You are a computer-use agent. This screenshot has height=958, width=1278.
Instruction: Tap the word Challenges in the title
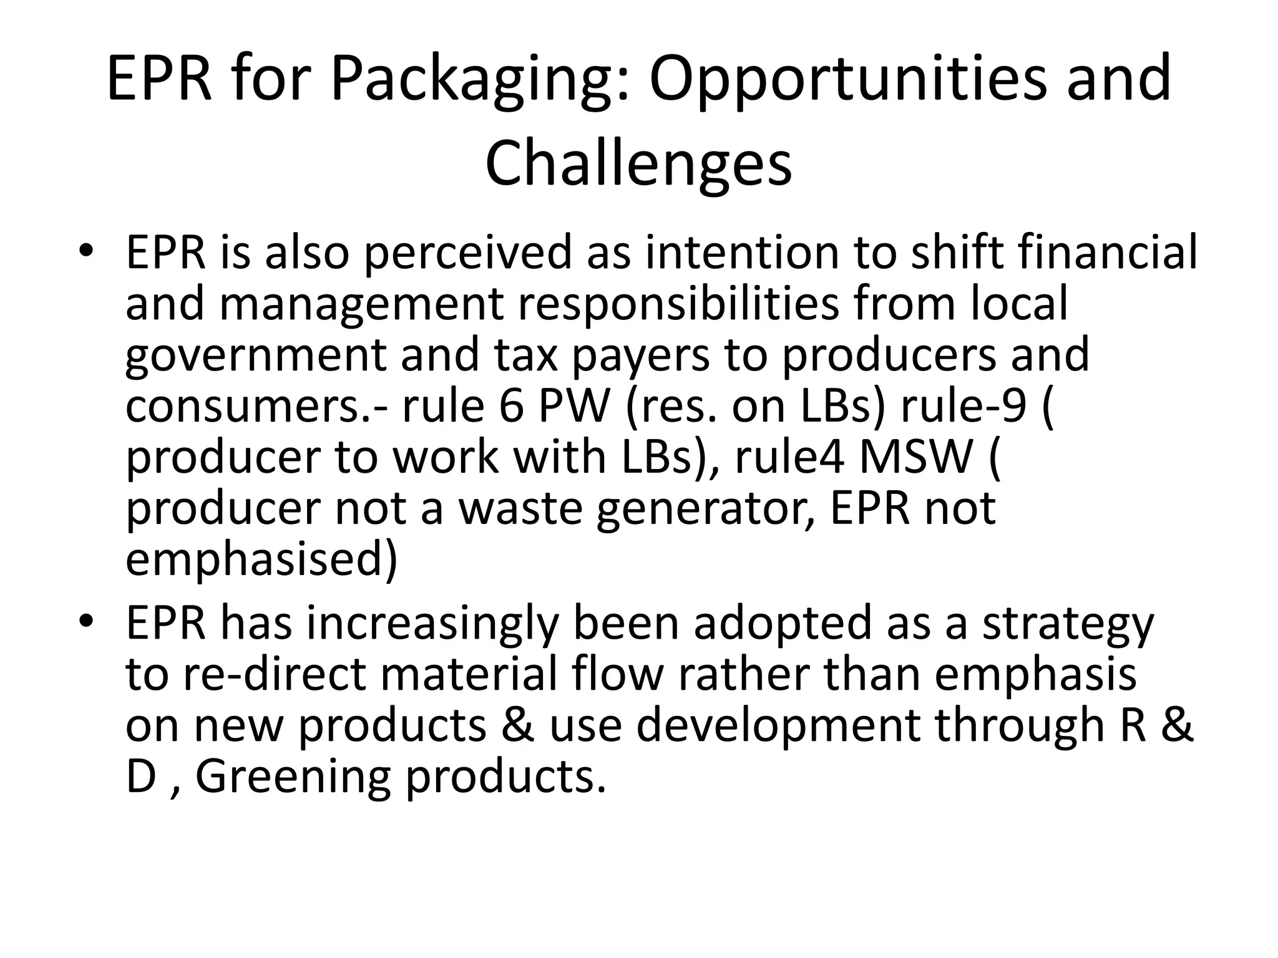638,163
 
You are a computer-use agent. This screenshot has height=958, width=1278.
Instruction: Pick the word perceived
467,254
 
